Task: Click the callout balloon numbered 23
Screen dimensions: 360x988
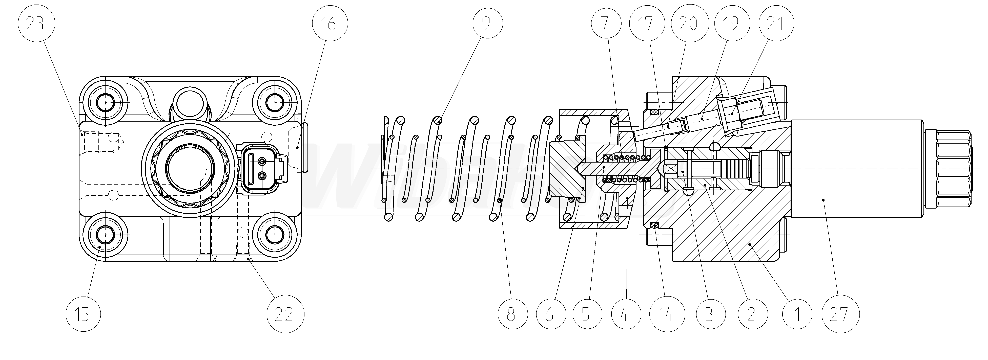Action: (x=36, y=24)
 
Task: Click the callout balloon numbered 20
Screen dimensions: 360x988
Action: (x=688, y=24)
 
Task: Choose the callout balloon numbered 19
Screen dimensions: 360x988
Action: (x=731, y=24)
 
